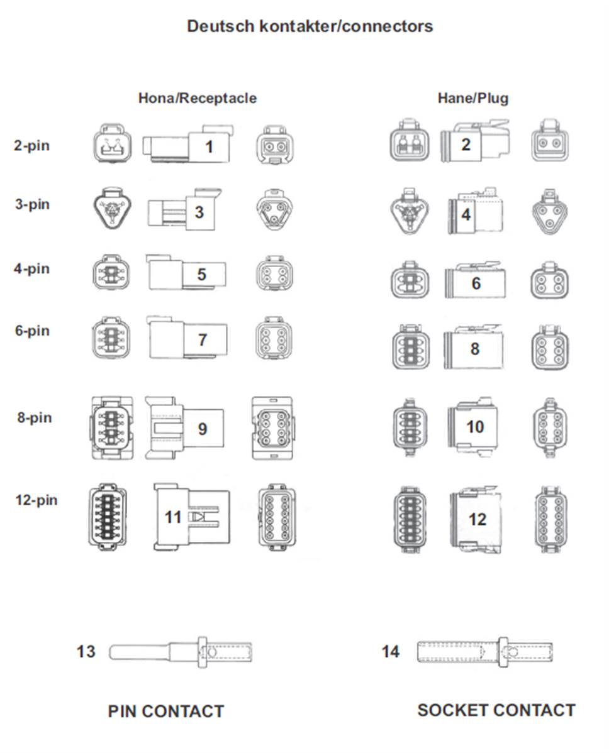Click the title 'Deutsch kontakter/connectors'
coord(310,26)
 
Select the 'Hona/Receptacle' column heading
coord(198,98)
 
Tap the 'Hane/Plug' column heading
coord(473,98)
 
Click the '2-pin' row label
coord(31,146)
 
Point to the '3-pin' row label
coord(32,204)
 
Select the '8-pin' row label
coord(35,417)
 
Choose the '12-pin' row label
coord(36,500)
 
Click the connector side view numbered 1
coord(188,144)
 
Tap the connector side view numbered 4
coord(476,211)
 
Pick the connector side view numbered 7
coord(187,337)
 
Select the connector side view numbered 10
coord(472,426)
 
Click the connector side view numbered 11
coord(191,517)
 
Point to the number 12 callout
coord(478,519)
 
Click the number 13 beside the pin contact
coord(86,652)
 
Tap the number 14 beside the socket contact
coord(390,652)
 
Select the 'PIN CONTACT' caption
coord(166,712)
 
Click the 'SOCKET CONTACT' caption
coord(496,710)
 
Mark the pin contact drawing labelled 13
coord(181,652)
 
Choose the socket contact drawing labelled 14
coord(485,652)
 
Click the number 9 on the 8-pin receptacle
coord(203,429)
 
